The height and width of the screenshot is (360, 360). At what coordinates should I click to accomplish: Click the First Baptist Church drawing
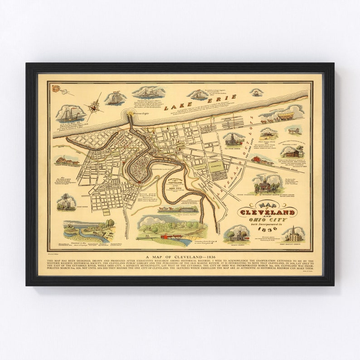click(293, 234)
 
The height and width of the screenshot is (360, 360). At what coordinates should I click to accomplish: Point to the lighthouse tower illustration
click(66, 201)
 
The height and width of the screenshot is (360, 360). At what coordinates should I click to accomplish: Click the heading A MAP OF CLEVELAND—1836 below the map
click(180, 257)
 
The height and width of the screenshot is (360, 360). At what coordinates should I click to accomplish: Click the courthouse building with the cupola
click(265, 182)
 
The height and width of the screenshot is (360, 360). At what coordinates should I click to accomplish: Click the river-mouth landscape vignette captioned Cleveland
click(86, 231)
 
